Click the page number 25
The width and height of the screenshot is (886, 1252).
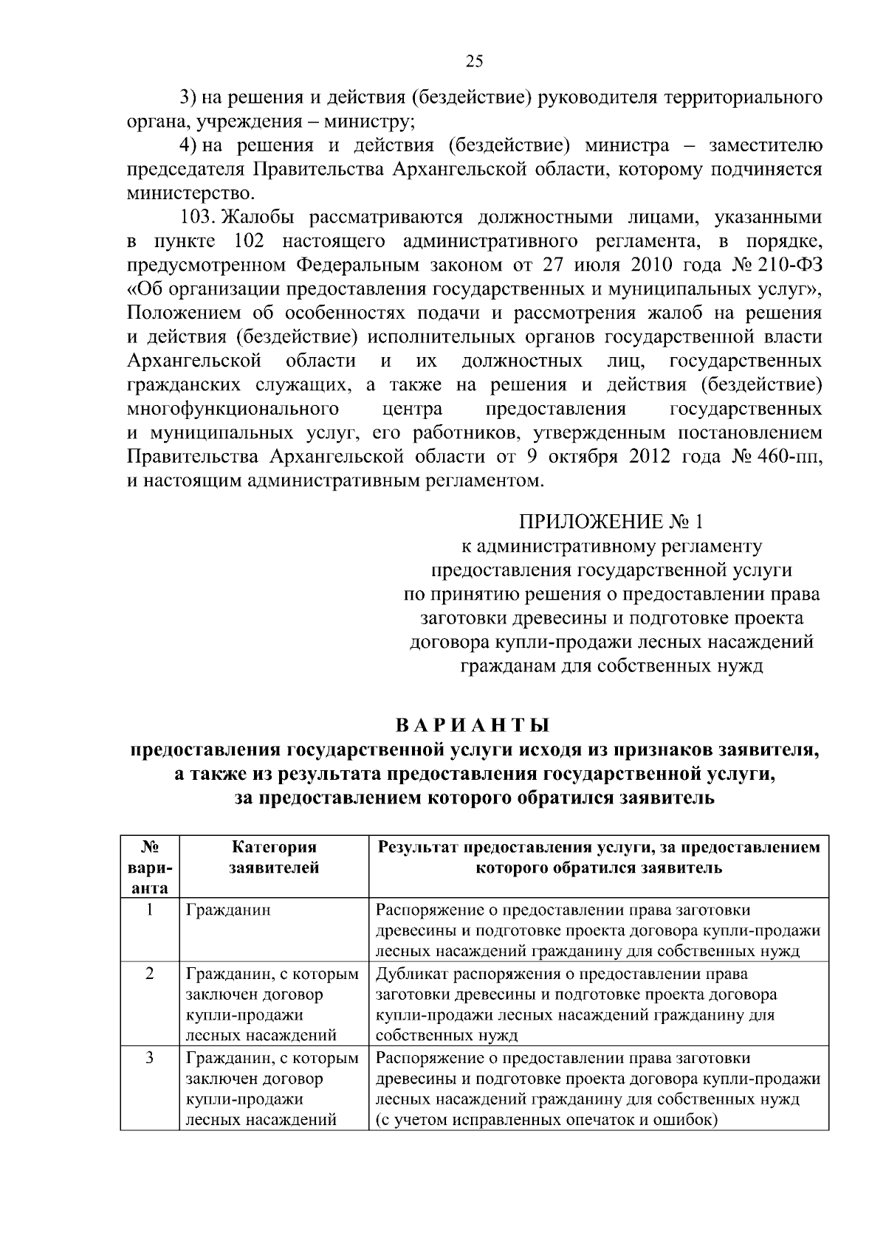point(474,62)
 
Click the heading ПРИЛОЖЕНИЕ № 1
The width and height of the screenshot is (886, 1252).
point(611,522)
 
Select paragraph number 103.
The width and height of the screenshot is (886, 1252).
point(197,218)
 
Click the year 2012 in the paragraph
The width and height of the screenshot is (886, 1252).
point(649,457)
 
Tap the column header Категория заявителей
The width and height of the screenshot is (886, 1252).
point(274,857)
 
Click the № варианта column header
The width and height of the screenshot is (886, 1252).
point(150,868)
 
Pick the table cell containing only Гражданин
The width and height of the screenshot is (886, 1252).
point(228,910)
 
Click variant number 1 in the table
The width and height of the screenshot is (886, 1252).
point(150,910)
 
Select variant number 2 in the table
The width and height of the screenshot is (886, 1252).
point(150,974)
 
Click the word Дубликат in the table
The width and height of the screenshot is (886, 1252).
point(411,974)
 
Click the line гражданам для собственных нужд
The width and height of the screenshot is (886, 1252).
point(611,666)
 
